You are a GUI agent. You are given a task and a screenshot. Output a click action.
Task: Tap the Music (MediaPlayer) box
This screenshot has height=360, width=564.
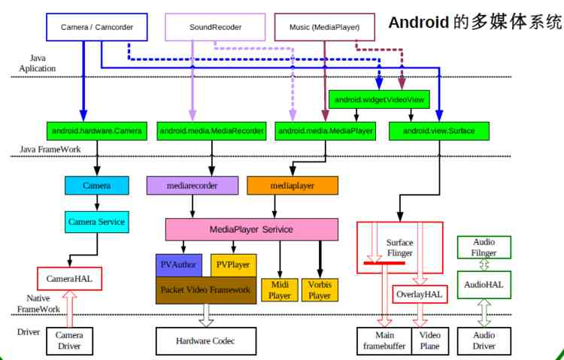pyautogui.click(x=324, y=28)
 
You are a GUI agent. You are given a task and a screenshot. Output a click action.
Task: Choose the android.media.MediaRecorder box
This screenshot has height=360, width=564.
pyautogui.click(x=212, y=131)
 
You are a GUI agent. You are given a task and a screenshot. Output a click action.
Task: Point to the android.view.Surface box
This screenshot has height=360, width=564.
pyautogui.click(x=439, y=131)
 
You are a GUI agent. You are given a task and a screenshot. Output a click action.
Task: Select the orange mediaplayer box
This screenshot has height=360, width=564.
pyautogui.click(x=293, y=185)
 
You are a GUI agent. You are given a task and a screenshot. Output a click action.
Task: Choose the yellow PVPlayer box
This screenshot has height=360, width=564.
pyautogui.click(x=233, y=265)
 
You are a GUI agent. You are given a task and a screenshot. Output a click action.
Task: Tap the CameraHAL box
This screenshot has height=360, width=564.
pyautogui.click(x=69, y=279)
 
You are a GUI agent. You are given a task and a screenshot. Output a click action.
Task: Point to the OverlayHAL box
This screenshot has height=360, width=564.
pyautogui.click(x=420, y=294)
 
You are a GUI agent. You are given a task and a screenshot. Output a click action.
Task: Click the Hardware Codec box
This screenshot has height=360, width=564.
pyautogui.click(x=205, y=341)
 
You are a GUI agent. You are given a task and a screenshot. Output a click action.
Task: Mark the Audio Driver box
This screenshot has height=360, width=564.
pyautogui.click(x=484, y=340)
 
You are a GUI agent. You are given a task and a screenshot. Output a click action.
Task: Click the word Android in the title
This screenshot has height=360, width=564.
pyautogui.click(x=418, y=22)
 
